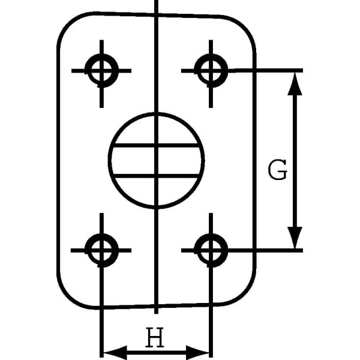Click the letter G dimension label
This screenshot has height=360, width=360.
278,170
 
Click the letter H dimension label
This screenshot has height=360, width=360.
155,337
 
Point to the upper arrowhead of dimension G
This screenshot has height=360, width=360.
295,83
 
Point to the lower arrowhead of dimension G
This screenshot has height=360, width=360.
295,238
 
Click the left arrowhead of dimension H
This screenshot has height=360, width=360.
115,352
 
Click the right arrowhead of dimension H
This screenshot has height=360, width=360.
197,352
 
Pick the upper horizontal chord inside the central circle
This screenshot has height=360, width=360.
157,146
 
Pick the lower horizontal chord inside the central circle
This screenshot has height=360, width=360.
157,176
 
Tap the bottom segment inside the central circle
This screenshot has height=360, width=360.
157,192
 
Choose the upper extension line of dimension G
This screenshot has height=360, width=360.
265,70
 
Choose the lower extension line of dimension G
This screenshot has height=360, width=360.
265,250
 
